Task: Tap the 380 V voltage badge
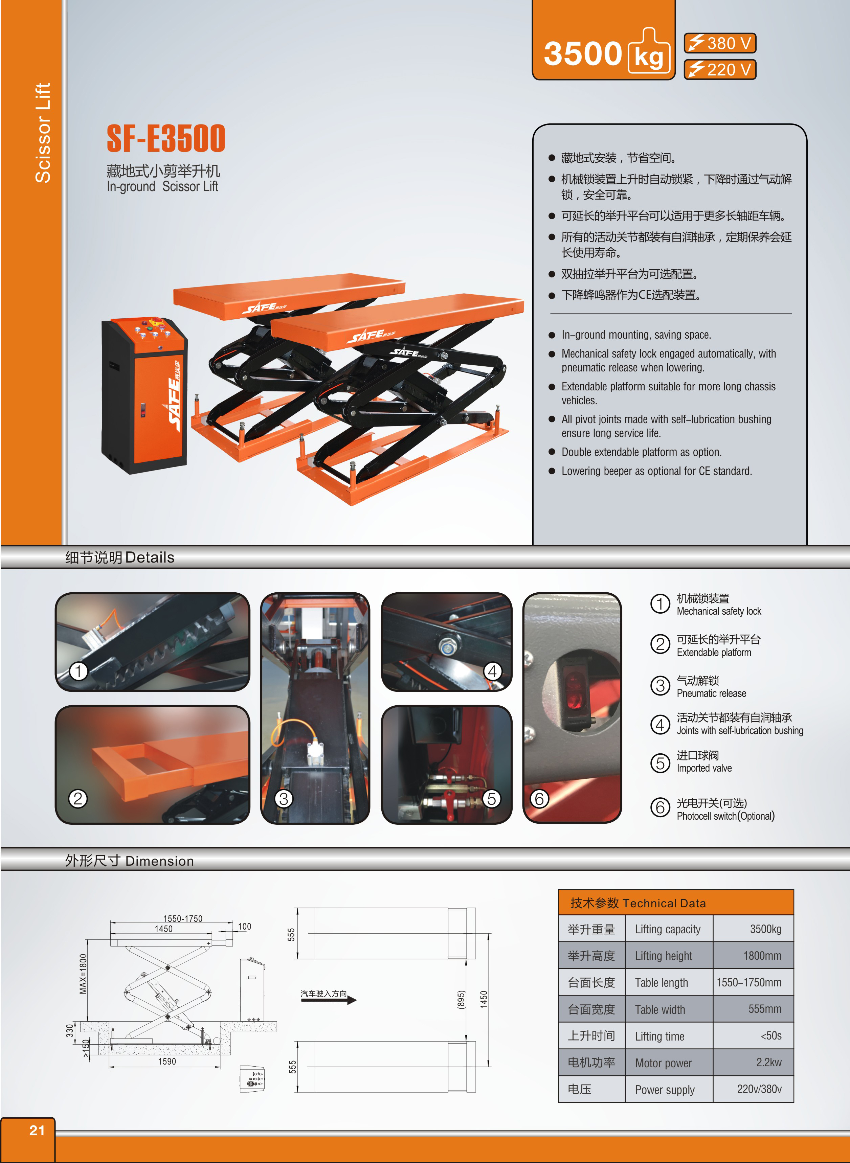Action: click(x=720, y=43)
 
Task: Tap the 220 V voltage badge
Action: click(x=720, y=69)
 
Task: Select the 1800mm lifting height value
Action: click(x=762, y=956)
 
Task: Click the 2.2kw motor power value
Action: click(x=769, y=1062)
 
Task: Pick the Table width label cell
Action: click(x=660, y=1009)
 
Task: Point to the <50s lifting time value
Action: click(x=771, y=1035)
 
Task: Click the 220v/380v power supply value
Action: click(x=759, y=1089)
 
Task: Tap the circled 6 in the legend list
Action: click(x=660, y=807)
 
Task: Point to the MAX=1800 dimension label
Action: click(x=83, y=974)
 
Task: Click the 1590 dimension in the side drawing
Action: click(x=167, y=1061)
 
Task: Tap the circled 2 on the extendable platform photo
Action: click(x=78, y=798)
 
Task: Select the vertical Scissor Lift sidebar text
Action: click(x=43, y=133)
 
